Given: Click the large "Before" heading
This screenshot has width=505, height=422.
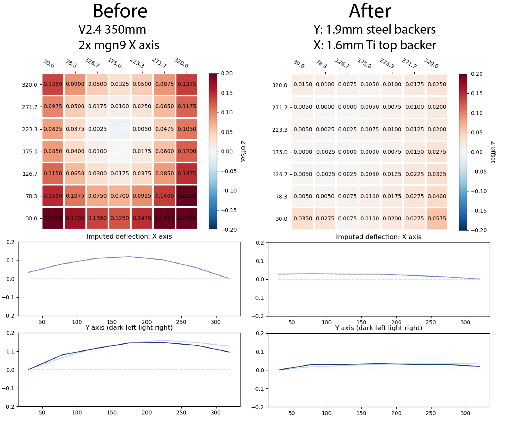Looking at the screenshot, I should point(120,11).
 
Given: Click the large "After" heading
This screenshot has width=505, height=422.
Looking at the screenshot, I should point(370,11).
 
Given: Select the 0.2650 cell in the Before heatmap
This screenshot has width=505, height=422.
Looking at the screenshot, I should point(187,218).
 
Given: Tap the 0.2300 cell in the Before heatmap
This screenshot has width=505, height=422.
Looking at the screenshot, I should point(53,218).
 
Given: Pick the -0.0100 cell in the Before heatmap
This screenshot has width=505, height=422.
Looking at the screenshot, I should point(120,129).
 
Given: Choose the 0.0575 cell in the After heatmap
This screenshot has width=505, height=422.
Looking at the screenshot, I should point(437,219).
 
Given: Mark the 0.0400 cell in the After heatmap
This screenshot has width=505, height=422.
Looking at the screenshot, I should point(437,196).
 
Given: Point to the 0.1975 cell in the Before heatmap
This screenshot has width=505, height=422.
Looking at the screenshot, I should point(164,218).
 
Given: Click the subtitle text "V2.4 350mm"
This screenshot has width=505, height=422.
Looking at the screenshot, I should point(112,29).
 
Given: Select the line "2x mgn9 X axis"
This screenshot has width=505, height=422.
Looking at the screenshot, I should point(119,45).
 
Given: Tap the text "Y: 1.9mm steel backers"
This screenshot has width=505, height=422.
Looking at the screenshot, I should point(374,29).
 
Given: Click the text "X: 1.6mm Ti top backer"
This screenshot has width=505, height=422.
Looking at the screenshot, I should point(375,45).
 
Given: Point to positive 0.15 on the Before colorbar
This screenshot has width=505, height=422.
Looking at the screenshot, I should point(227,93).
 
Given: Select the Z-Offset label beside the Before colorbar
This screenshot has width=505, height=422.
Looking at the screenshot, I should point(243,151).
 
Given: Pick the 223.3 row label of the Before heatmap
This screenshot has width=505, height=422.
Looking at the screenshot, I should point(30,129).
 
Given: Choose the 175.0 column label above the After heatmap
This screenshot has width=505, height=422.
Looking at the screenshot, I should point(365,63).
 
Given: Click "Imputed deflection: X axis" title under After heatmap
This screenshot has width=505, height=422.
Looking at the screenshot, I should point(379,237).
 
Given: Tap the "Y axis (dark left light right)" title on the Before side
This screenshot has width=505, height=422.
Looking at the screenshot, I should point(129,327).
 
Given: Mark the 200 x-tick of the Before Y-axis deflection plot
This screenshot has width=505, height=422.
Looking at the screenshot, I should point(147,412).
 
